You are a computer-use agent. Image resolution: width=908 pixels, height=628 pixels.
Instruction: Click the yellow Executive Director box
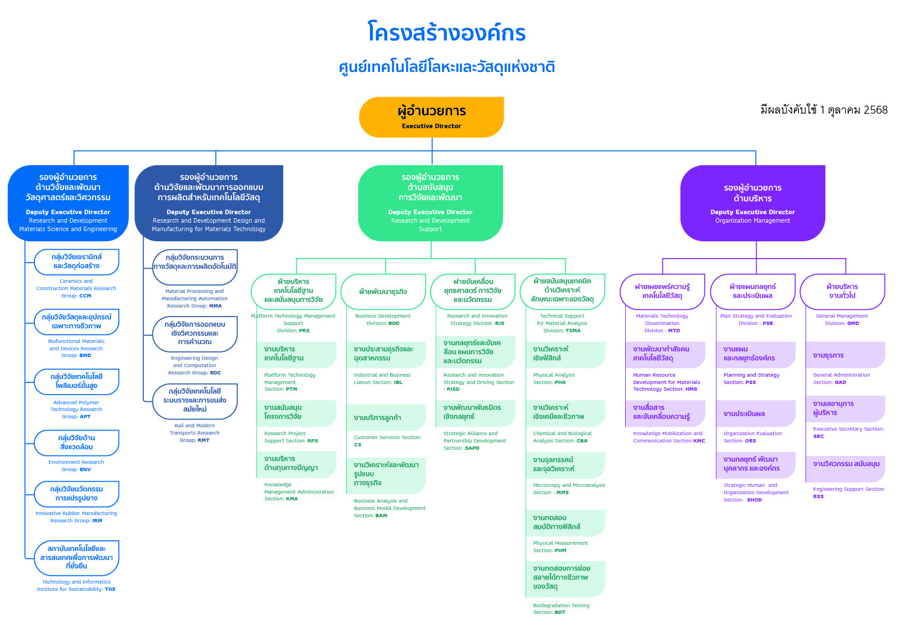[x=431, y=117]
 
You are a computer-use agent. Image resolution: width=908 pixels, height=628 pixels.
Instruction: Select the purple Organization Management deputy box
[x=752, y=203]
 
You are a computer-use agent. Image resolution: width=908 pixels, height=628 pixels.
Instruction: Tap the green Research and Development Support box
[x=430, y=203]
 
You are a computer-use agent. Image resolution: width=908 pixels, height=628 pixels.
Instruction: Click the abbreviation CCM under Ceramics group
[x=85, y=296]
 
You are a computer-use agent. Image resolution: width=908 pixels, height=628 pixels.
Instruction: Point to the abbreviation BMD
[x=85, y=355]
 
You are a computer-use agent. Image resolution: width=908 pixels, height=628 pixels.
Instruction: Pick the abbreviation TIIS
[x=110, y=589]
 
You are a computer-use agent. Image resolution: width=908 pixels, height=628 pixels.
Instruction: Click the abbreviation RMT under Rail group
[x=203, y=440]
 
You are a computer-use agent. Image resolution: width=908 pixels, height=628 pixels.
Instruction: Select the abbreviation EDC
[x=215, y=373]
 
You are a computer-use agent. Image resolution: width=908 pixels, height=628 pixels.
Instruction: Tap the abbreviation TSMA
[x=573, y=331]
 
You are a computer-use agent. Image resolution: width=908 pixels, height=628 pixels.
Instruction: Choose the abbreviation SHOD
[x=754, y=500]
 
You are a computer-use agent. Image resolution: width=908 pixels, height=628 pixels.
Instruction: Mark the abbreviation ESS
[x=818, y=496]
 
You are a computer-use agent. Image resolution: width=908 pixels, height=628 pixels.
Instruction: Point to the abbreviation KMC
[x=699, y=441]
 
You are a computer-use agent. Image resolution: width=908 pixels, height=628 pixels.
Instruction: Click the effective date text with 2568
[x=824, y=110]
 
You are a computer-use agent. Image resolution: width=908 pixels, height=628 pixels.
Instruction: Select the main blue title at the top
[x=447, y=33]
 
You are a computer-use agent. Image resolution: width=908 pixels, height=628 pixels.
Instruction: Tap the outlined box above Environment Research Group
[x=77, y=442]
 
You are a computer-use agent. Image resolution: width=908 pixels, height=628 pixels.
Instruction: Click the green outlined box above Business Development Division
[x=383, y=292]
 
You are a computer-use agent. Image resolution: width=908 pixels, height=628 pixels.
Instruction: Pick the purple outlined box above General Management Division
[x=842, y=291]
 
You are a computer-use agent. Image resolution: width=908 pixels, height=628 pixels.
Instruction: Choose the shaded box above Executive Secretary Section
[x=845, y=408]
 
